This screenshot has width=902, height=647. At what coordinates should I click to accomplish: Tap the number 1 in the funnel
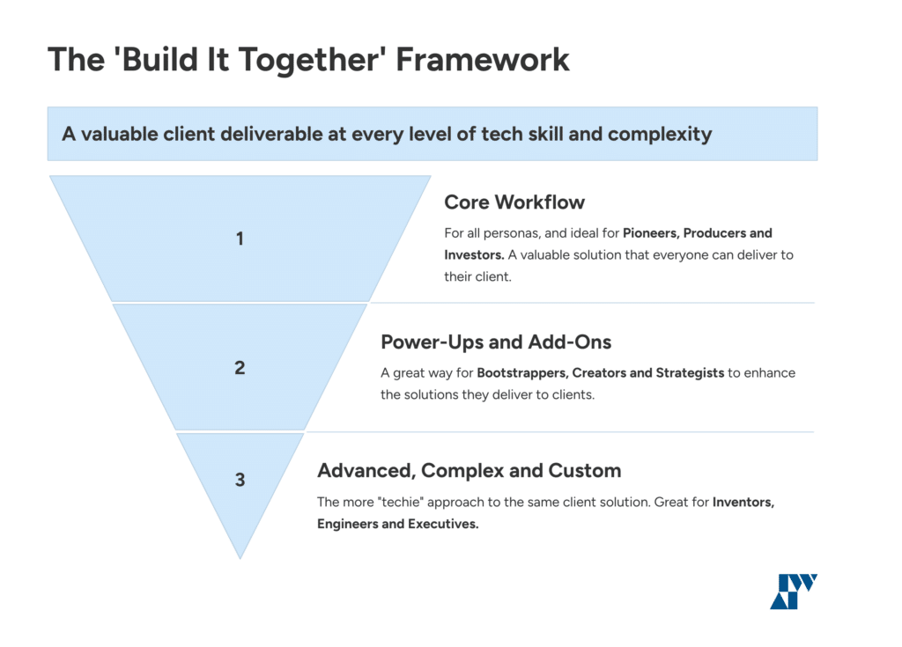pos(240,239)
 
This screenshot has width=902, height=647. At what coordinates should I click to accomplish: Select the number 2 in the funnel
pos(240,368)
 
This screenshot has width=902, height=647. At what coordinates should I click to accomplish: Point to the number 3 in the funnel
pos(240,480)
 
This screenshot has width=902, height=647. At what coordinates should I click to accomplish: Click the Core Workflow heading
pos(514,202)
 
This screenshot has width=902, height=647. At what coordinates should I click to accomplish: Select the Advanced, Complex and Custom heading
pos(469,470)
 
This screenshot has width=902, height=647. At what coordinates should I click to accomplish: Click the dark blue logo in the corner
pos(794,591)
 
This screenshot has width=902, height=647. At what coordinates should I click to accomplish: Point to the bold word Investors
pos(473,254)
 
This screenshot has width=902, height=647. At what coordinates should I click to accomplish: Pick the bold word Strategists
pos(689,372)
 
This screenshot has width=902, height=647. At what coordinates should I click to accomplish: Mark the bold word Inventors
pos(743,502)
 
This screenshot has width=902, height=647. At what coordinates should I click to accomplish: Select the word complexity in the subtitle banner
pos(659,135)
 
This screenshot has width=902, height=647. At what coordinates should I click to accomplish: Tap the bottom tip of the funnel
pos(240,555)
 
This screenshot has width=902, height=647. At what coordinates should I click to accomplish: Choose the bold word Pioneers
pos(651,233)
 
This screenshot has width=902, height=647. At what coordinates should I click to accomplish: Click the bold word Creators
pos(600,372)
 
